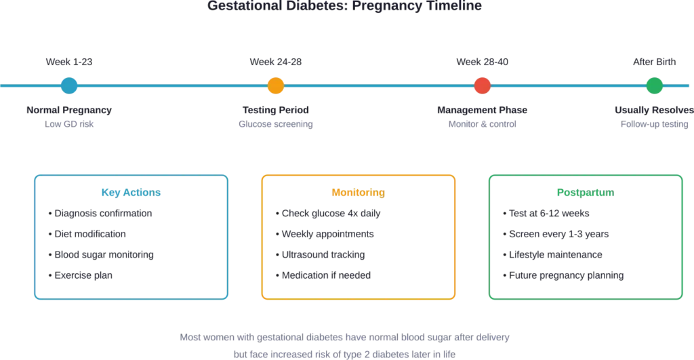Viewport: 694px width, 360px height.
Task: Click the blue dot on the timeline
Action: tap(68, 86)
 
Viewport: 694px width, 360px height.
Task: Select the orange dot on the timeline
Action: tap(275, 86)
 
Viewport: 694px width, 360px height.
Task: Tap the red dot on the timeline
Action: tap(482, 86)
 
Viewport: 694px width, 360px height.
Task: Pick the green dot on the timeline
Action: tap(654, 86)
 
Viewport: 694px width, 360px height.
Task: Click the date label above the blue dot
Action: tap(68, 63)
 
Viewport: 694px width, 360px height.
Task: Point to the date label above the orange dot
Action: tap(275, 63)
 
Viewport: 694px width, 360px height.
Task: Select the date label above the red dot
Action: tap(482, 63)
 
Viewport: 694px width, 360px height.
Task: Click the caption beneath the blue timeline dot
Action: tap(68, 116)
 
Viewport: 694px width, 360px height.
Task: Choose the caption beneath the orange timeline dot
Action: tap(275, 116)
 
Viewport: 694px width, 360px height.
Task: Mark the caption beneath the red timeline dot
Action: tap(482, 116)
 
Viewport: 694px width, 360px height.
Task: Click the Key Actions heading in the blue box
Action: tap(131, 193)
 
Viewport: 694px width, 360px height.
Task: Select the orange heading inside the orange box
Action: tap(359, 193)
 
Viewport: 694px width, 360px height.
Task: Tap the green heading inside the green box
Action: tap(586, 193)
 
